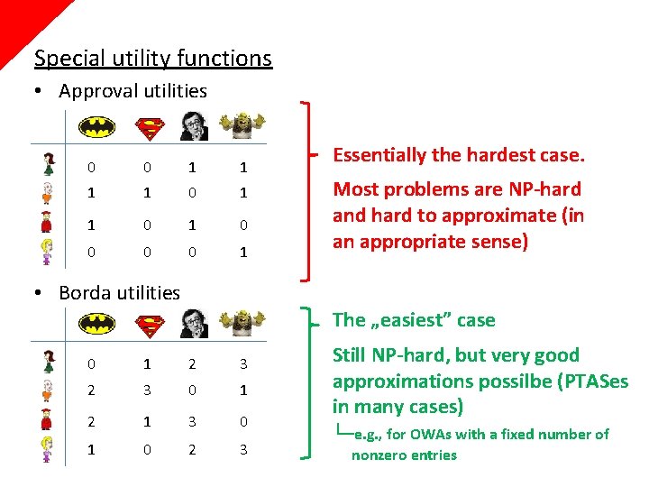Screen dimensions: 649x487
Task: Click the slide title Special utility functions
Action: (152, 59)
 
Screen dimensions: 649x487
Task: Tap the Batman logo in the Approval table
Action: (96, 125)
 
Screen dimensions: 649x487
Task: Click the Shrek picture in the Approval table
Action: (245, 124)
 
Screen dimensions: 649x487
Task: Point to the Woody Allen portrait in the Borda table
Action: (194, 323)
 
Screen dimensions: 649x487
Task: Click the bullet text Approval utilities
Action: (133, 91)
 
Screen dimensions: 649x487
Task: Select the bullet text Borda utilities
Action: (119, 292)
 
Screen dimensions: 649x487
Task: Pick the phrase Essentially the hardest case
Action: (459, 155)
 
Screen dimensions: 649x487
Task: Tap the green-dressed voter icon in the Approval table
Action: (48, 165)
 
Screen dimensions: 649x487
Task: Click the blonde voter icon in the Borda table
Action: (48, 449)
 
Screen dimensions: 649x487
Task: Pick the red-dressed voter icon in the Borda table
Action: (48, 420)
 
